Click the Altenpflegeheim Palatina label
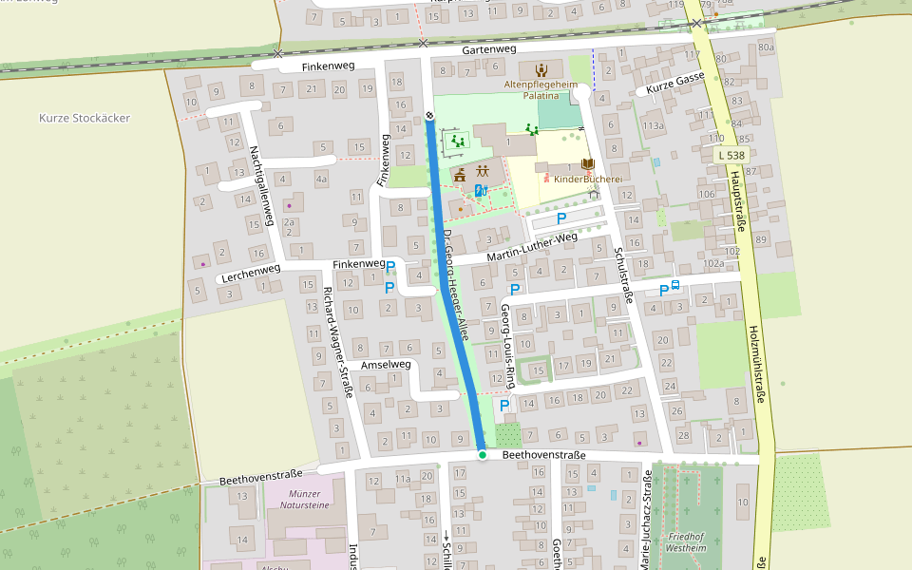pyautogui.click(x=541, y=90)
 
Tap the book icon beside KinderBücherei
pyautogui.click(x=586, y=164)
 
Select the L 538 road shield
pyautogui.click(x=731, y=155)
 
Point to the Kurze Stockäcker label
pyautogui.click(x=85, y=119)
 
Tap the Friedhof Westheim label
pyautogui.click(x=686, y=542)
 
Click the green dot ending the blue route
pyautogui.click(x=483, y=456)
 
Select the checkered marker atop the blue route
pyautogui.click(x=429, y=116)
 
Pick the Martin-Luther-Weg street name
pyautogui.click(x=532, y=250)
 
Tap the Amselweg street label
pyautogui.click(x=386, y=365)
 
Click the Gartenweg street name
pyautogui.click(x=489, y=48)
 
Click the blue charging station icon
pyautogui.click(x=481, y=191)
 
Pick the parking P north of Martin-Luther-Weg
pyautogui.click(x=561, y=218)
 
